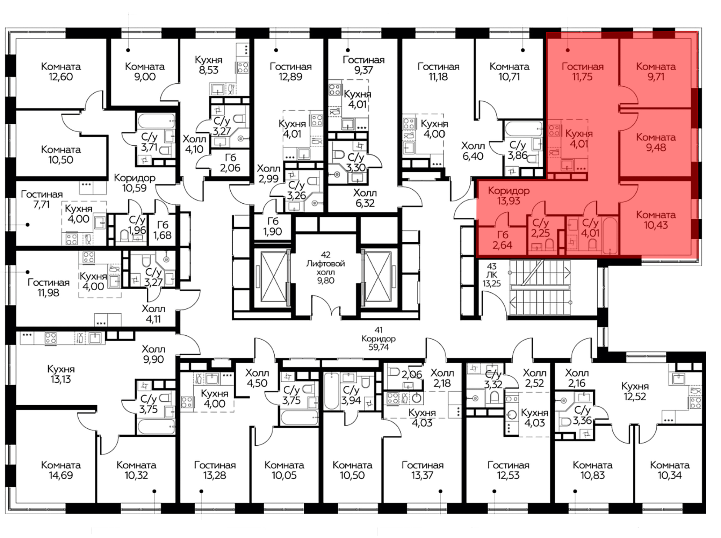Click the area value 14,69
(x=61, y=475)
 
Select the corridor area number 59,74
(x=379, y=347)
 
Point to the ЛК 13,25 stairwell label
(x=492, y=279)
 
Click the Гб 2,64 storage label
(x=502, y=240)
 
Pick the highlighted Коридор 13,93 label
(x=509, y=195)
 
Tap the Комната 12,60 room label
(x=61, y=71)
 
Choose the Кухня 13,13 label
(x=61, y=374)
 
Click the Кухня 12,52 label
(x=635, y=391)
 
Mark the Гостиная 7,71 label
(x=42, y=199)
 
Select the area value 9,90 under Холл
(x=153, y=359)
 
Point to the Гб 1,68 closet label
(x=162, y=230)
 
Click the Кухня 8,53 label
(x=208, y=65)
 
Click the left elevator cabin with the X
(x=274, y=277)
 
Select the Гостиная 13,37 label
(x=423, y=470)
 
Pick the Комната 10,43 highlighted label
(x=656, y=220)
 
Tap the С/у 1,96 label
(x=137, y=225)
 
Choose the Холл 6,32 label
(x=365, y=198)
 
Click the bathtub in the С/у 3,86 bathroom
(x=523, y=129)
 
